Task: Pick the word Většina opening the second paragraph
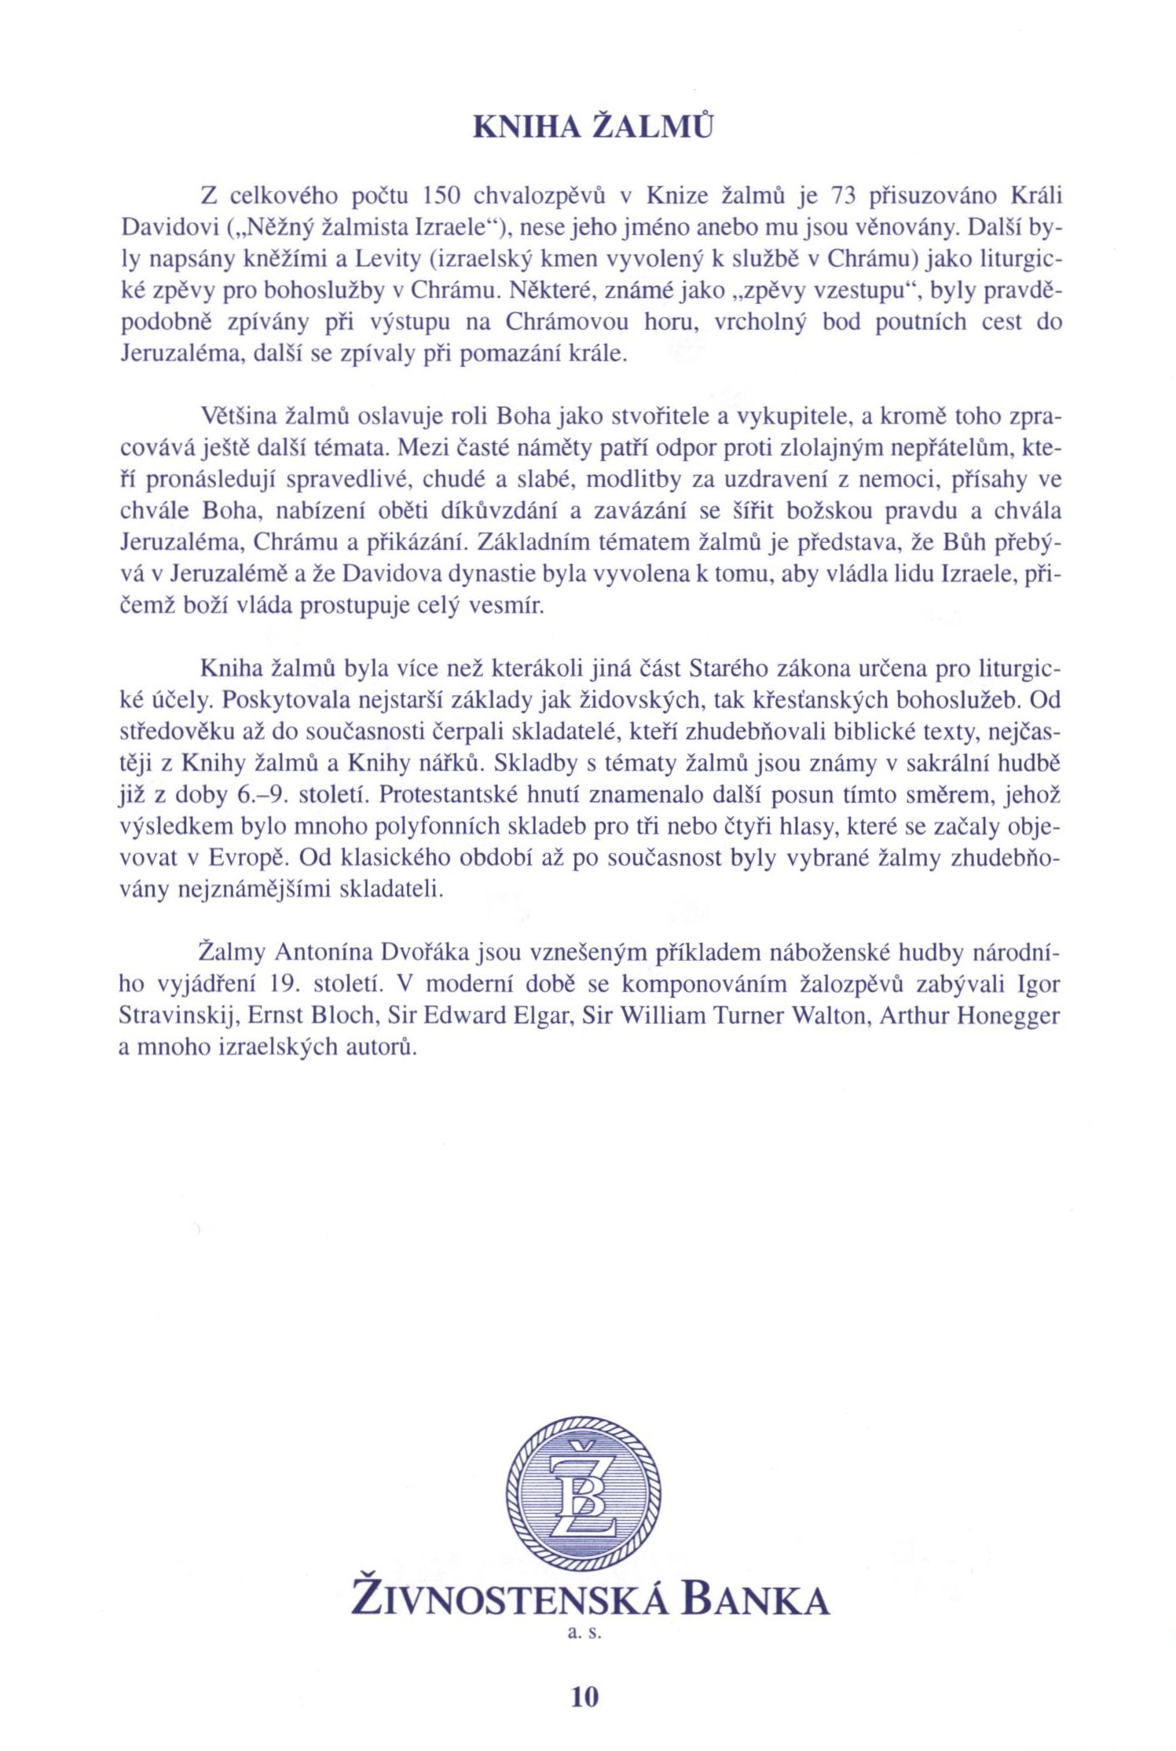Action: click(x=233, y=416)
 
